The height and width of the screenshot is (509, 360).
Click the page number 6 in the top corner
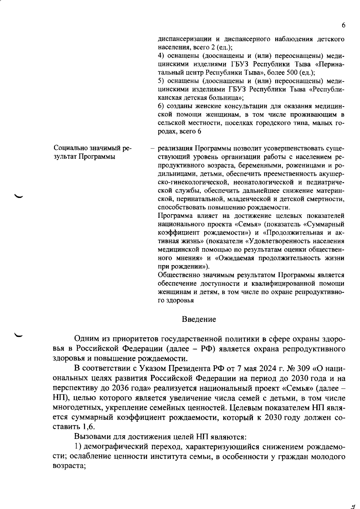pos(343,25)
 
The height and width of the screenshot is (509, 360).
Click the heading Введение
pos(199,319)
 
